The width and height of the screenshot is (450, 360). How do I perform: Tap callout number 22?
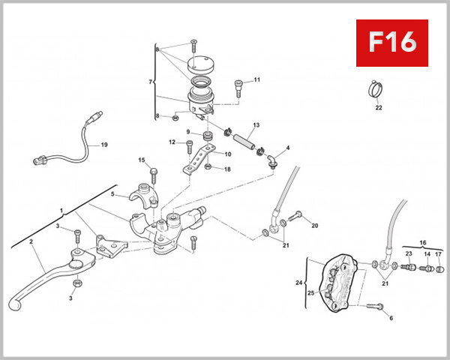379,107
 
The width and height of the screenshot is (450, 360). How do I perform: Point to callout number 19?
104,145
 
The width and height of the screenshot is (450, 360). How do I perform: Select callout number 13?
256,125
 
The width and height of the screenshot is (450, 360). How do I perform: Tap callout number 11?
256,79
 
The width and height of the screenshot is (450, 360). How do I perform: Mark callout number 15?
141,160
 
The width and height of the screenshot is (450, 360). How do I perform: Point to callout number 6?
391,318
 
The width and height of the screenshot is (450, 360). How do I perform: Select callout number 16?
422,244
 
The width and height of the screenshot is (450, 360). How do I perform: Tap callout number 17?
439,255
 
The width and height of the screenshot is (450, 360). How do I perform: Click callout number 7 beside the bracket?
151,81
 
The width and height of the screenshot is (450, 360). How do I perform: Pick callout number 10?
228,154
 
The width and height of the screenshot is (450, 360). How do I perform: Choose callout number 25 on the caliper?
310,293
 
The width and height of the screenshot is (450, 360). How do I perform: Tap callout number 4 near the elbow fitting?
287,148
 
